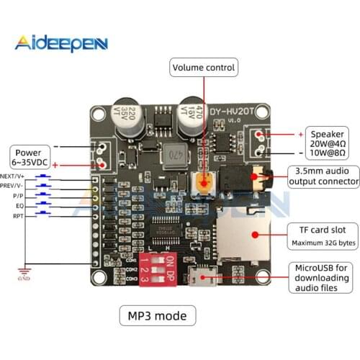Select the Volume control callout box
[x=203, y=68]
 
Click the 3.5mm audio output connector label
[x=322, y=176]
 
